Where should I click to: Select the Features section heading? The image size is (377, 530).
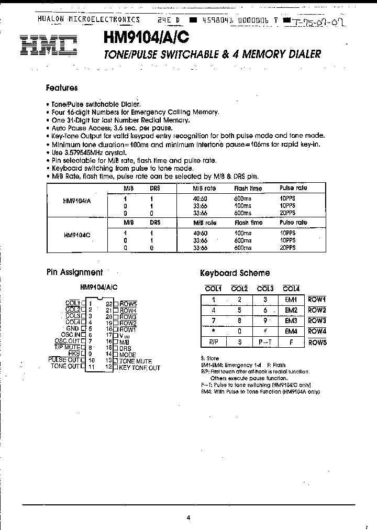click(x=62, y=88)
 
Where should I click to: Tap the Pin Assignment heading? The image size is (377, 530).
click(x=74, y=272)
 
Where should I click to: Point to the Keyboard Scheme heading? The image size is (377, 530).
click(x=235, y=273)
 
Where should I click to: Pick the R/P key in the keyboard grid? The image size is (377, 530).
click(x=213, y=342)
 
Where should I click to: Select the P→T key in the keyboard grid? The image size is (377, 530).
click(x=264, y=342)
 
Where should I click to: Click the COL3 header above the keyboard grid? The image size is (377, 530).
click(x=265, y=288)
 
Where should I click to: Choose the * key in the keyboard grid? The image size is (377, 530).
click(x=213, y=332)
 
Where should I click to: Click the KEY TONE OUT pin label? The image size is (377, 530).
click(x=139, y=368)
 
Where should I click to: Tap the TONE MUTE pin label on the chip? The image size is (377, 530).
click(x=135, y=361)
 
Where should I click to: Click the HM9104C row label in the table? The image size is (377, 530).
click(x=77, y=236)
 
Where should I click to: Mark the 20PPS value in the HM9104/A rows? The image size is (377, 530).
click(x=287, y=213)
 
